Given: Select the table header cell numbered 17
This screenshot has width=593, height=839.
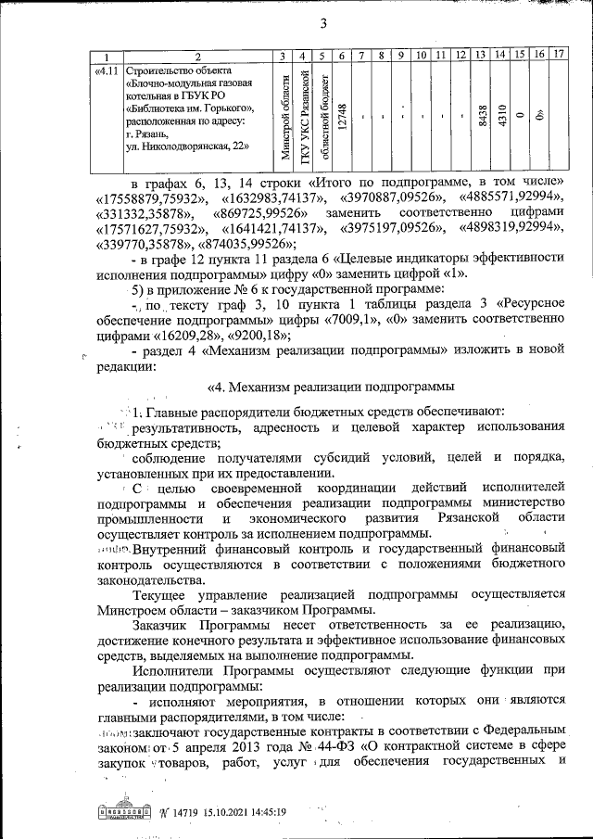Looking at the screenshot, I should click(x=558, y=57).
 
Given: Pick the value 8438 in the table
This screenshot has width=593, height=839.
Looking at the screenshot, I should click(x=481, y=118).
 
